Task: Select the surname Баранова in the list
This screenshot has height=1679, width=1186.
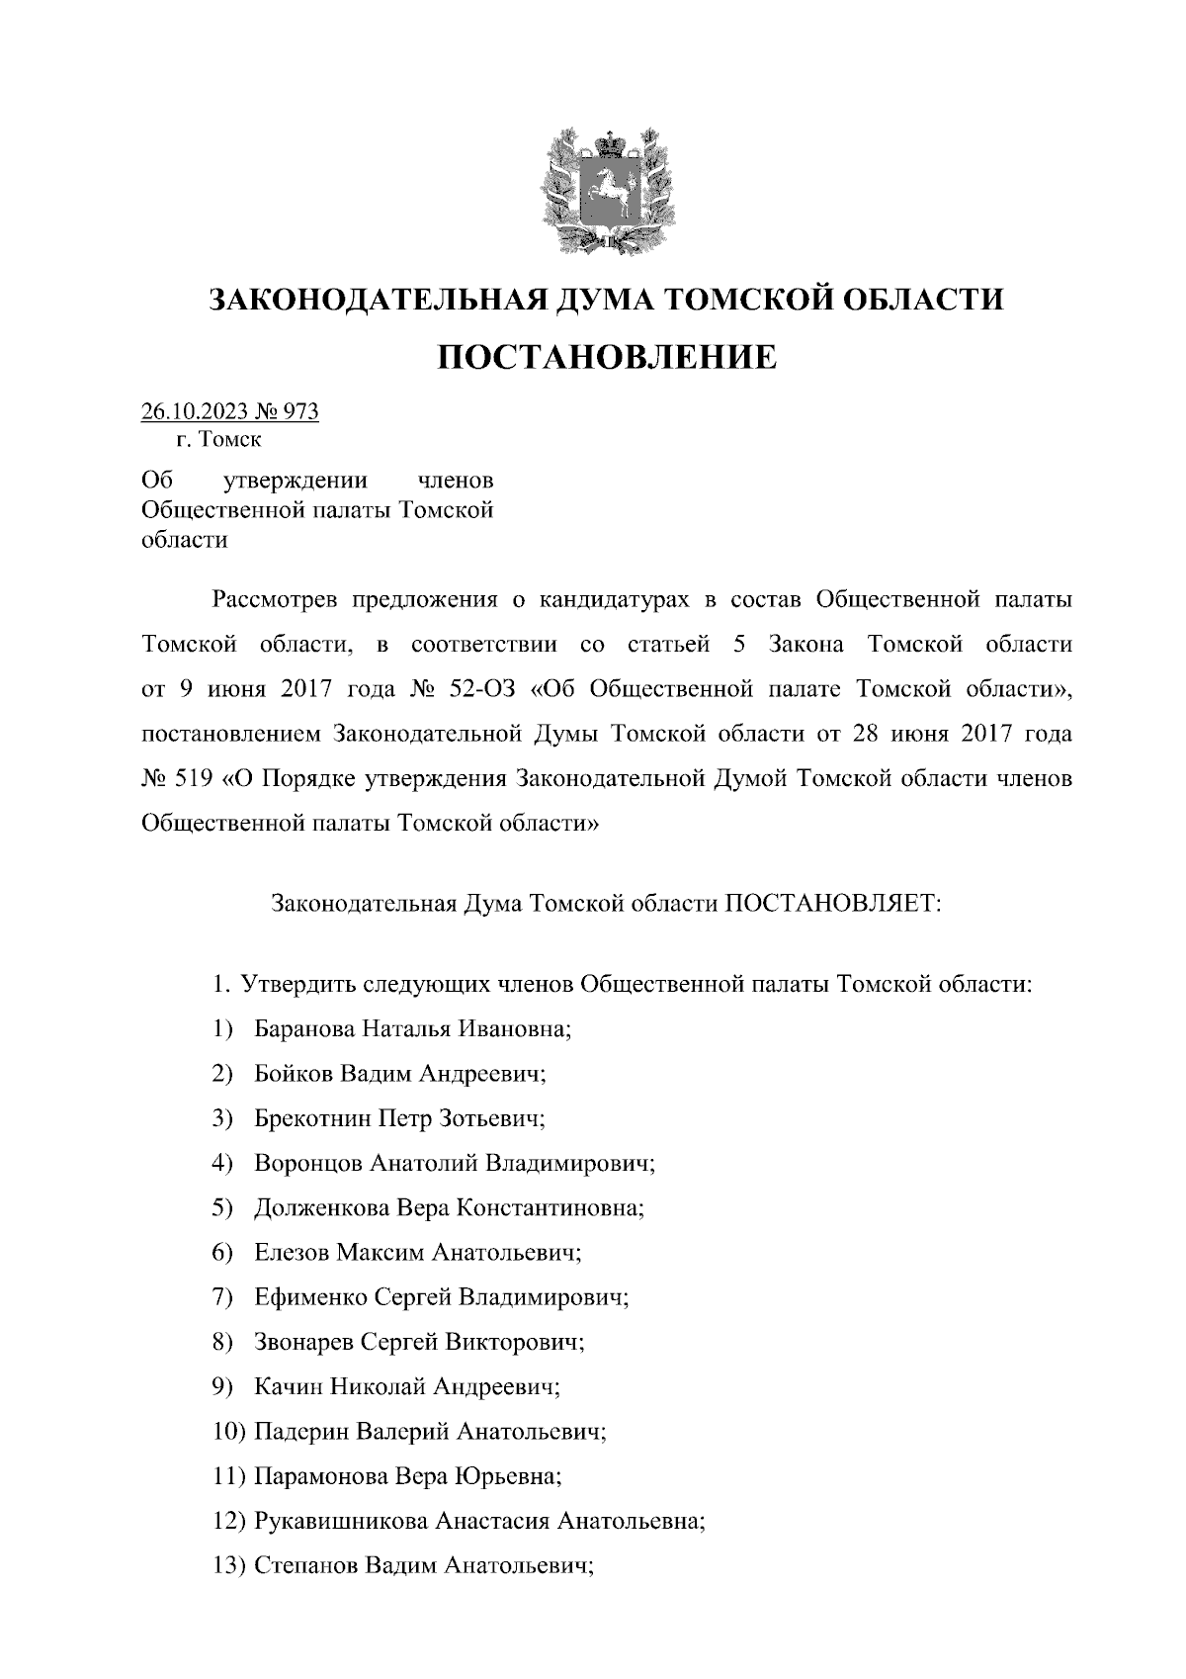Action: pyautogui.click(x=303, y=1028)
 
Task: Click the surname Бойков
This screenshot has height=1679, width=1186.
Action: pyautogui.click(x=294, y=1074)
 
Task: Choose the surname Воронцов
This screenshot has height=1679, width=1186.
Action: pyautogui.click(x=307, y=1163)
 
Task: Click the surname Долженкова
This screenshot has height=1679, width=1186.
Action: pyautogui.click(x=322, y=1208)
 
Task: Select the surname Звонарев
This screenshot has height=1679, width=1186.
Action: pyautogui.click(x=302, y=1343)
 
